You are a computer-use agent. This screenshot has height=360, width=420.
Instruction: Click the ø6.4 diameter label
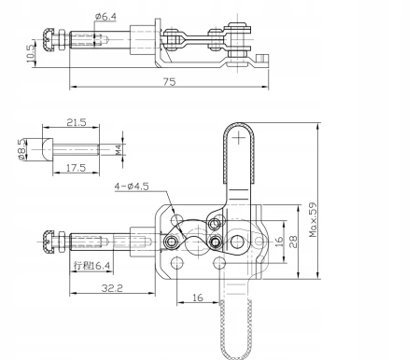click(x=106, y=16)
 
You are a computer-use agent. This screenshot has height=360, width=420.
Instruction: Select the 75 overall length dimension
click(x=170, y=82)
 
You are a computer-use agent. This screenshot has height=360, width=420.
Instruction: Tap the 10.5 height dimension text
click(x=30, y=53)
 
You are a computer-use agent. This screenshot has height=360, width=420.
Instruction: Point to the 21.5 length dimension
click(x=77, y=122)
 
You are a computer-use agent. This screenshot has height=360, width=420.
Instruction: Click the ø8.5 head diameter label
click(x=21, y=149)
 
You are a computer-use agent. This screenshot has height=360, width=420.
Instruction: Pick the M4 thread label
click(x=119, y=150)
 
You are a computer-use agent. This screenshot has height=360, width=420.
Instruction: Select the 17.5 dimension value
click(x=76, y=168)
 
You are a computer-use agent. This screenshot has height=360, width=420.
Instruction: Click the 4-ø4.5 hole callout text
click(x=132, y=187)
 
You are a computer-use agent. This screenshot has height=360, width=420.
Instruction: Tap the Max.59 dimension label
click(x=313, y=220)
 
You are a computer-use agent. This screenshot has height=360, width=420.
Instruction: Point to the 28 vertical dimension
click(x=293, y=242)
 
